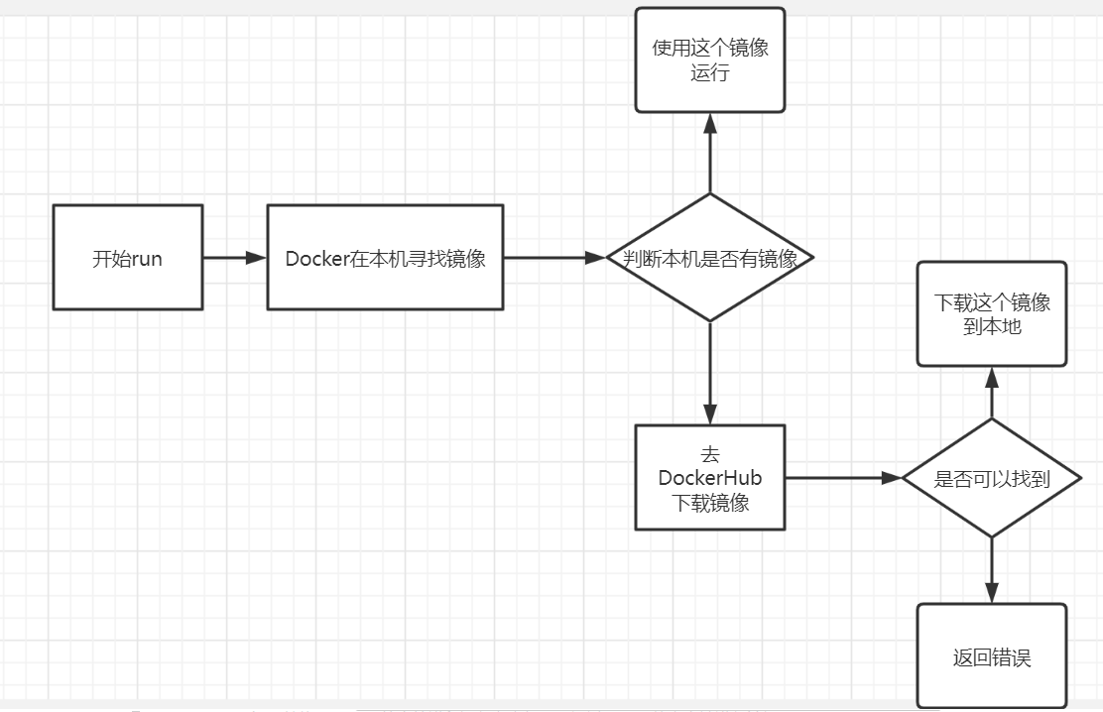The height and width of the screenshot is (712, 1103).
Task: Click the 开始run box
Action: [127, 257]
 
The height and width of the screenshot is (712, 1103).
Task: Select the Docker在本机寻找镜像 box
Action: [385, 257]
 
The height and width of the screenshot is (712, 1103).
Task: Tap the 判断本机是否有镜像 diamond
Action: [710, 258]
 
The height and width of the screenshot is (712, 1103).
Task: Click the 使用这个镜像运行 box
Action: [710, 59]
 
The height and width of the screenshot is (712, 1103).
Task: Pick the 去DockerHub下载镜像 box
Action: [710, 478]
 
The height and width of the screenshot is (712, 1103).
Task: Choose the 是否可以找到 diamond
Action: [992, 478]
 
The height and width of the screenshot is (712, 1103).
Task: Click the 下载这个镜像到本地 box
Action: [992, 313]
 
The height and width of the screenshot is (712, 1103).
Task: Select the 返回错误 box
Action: [992, 655]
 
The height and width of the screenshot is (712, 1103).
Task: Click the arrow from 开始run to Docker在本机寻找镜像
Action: [235, 258]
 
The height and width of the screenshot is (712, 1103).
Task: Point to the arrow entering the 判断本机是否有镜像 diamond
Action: [554, 258]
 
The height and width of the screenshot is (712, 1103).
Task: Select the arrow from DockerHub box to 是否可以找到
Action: [843, 478]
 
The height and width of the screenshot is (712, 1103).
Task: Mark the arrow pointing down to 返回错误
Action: [992, 571]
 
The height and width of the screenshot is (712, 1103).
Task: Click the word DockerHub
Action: [710, 478]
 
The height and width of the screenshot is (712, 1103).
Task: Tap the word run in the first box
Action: [146, 260]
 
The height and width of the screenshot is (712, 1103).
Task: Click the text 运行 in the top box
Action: [710, 72]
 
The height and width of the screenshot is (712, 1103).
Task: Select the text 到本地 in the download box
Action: [992, 326]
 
